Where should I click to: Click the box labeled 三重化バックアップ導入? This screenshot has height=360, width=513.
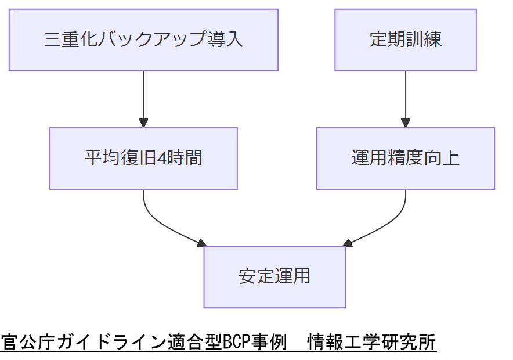(143, 39)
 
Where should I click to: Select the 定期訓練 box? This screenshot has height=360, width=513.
(405, 39)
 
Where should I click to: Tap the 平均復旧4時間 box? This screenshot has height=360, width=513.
(143, 158)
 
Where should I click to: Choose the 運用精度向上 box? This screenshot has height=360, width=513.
(405, 158)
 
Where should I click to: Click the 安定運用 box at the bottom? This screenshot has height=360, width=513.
(274, 276)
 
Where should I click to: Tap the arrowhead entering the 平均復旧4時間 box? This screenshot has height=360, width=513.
(143, 123)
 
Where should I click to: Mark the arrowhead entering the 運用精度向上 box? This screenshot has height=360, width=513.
(405, 123)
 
